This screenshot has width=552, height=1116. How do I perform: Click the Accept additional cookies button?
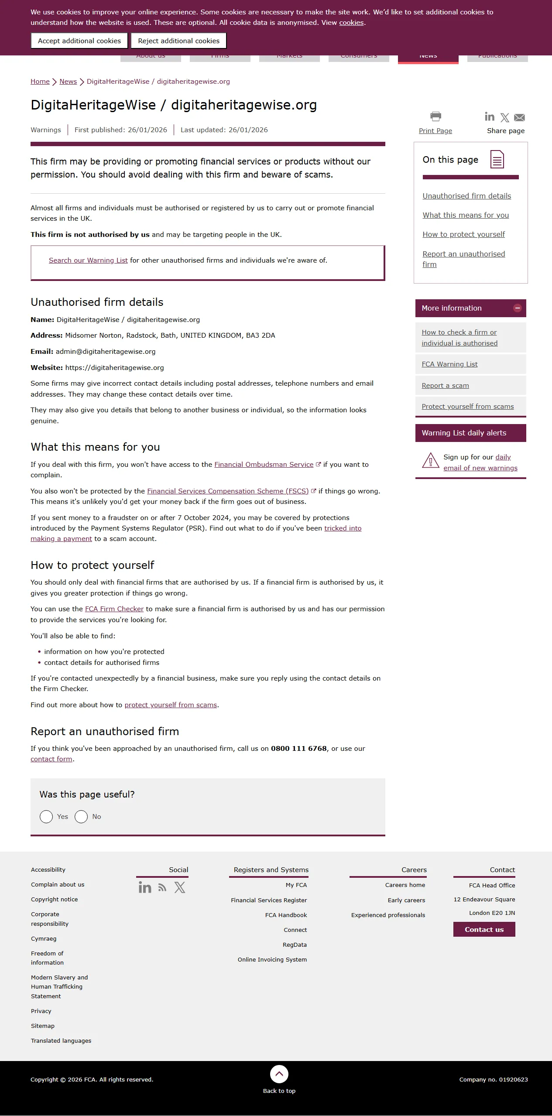click(79, 41)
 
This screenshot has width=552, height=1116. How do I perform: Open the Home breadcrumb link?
click(40, 82)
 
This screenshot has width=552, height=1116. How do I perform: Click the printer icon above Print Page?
click(435, 116)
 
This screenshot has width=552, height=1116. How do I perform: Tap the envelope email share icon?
click(519, 117)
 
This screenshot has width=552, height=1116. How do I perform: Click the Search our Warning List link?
click(88, 260)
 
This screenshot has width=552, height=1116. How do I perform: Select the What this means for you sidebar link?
click(466, 215)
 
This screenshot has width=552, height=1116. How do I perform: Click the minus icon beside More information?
click(518, 308)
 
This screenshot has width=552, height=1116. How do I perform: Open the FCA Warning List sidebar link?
click(449, 364)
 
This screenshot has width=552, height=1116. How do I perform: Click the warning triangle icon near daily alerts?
click(430, 461)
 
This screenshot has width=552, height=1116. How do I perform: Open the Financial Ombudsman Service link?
click(264, 465)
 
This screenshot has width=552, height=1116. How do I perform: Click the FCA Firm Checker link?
click(114, 609)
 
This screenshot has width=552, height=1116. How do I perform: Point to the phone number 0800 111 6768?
click(299, 749)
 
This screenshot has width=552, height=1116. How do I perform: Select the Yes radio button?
click(46, 817)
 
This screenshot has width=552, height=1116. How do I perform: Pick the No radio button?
click(81, 817)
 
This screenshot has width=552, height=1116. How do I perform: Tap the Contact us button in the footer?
click(484, 930)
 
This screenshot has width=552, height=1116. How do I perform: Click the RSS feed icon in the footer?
click(162, 888)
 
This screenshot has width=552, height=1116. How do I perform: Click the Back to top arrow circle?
click(279, 1074)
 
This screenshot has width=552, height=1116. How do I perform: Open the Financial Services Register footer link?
click(269, 900)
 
